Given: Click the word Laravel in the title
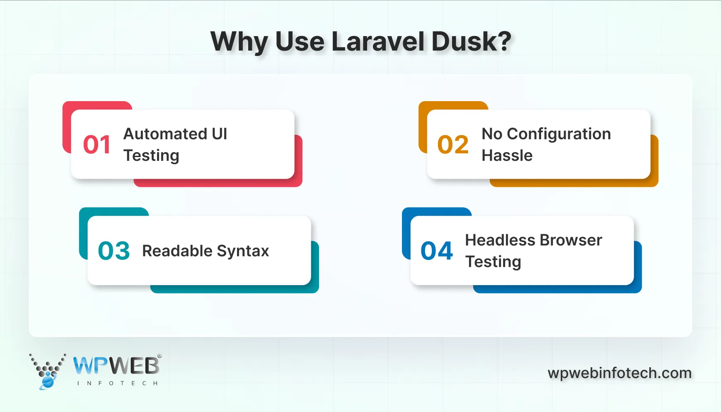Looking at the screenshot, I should pos(378,41).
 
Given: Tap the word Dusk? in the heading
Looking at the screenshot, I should pos(471,41).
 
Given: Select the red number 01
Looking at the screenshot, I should pos(97,145).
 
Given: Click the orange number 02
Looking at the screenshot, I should pos(453,145).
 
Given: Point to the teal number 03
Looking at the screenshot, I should pos(114,251).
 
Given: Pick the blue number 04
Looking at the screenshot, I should pos(437,251).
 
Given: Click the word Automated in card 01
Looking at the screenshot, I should pos(165,134).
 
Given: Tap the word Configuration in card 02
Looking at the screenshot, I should pos(559,134).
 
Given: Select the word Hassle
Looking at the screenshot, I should pos(507,155).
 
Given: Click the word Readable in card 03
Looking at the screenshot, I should pos(177,251).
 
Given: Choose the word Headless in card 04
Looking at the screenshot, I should pos(500,240).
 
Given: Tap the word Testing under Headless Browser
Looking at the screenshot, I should pos(493,262).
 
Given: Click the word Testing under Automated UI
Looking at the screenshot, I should pos(151,156).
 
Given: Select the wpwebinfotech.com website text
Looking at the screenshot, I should pos(619,373).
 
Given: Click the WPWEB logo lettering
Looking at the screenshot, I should pos(116,366).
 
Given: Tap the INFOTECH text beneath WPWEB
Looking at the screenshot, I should pos(117,383).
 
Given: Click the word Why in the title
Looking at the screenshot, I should pos(239,41).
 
